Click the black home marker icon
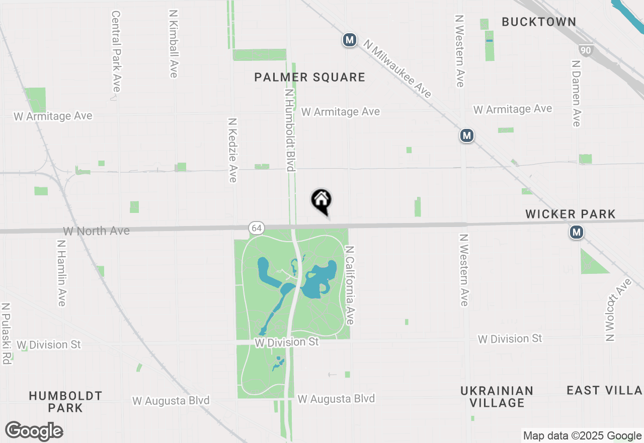(x=321, y=201)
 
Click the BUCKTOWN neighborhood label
(x=539, y=22)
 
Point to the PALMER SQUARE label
(x=309, y=77)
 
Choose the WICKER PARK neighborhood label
(x=571, y=214)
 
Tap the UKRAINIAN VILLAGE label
(x=497, y=397)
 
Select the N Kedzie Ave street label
(x=232, y=150)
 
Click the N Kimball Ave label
(x=174, y=45)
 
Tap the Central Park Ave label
(x=116, y=51)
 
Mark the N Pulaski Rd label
(x=6, y=333)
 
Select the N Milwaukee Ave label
(x=398, y=69)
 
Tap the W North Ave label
(x=96, y=231)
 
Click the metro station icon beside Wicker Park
(x=577, y=232)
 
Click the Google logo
(x=34, y=431)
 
